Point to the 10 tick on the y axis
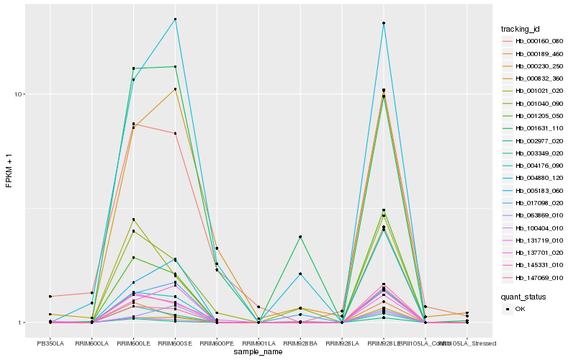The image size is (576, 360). (x=21, y=94)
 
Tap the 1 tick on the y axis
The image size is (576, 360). (x=22, y=323)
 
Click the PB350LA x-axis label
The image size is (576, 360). (x=50, y=343)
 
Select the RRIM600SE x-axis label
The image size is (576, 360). (x=175, y=343)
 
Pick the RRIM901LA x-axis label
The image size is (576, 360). (x=258, y=343)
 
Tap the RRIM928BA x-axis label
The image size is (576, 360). (x=300, y=343)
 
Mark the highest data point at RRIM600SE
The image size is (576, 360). (x=175, y=19)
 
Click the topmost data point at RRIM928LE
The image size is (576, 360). (x=384, y=23)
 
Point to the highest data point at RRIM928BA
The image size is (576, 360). (x=300, y=237)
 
